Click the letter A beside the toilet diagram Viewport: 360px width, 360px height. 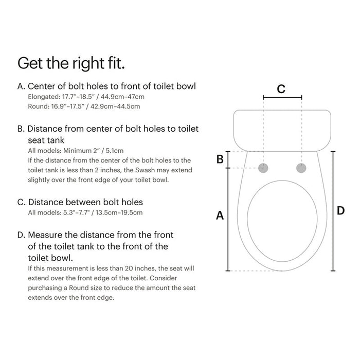click(x=220, y=216)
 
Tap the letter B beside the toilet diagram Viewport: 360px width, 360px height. click(x=220, y=159)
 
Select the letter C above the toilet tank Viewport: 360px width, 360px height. click(x=281, y=88)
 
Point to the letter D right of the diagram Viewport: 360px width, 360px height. click(x=340, y=210)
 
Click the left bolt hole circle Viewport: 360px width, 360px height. click(x=264, y=168)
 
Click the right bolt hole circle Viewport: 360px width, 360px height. click(x=301, y=168)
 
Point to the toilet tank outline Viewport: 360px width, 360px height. click(x=282, y=129)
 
